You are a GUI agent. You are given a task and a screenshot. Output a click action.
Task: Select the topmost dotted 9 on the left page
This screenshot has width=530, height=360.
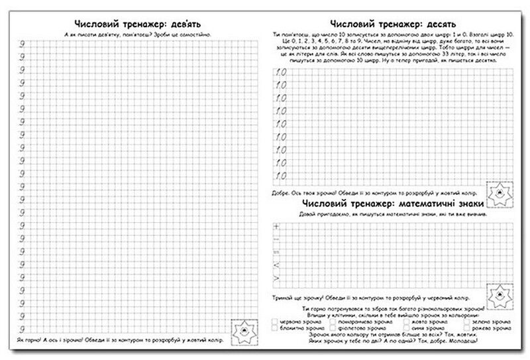point(21,44)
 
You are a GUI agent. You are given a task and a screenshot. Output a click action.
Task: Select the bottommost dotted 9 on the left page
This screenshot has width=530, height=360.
point(21,329)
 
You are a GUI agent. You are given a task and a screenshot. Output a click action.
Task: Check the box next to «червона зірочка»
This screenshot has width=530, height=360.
point(275,321)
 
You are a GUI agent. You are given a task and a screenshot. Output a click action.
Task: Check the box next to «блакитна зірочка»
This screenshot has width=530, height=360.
point(275,328)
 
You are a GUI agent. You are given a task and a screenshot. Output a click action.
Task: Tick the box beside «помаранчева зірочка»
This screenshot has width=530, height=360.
point(337,321)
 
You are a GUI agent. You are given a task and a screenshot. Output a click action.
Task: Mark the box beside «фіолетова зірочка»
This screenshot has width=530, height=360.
point(337,328)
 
